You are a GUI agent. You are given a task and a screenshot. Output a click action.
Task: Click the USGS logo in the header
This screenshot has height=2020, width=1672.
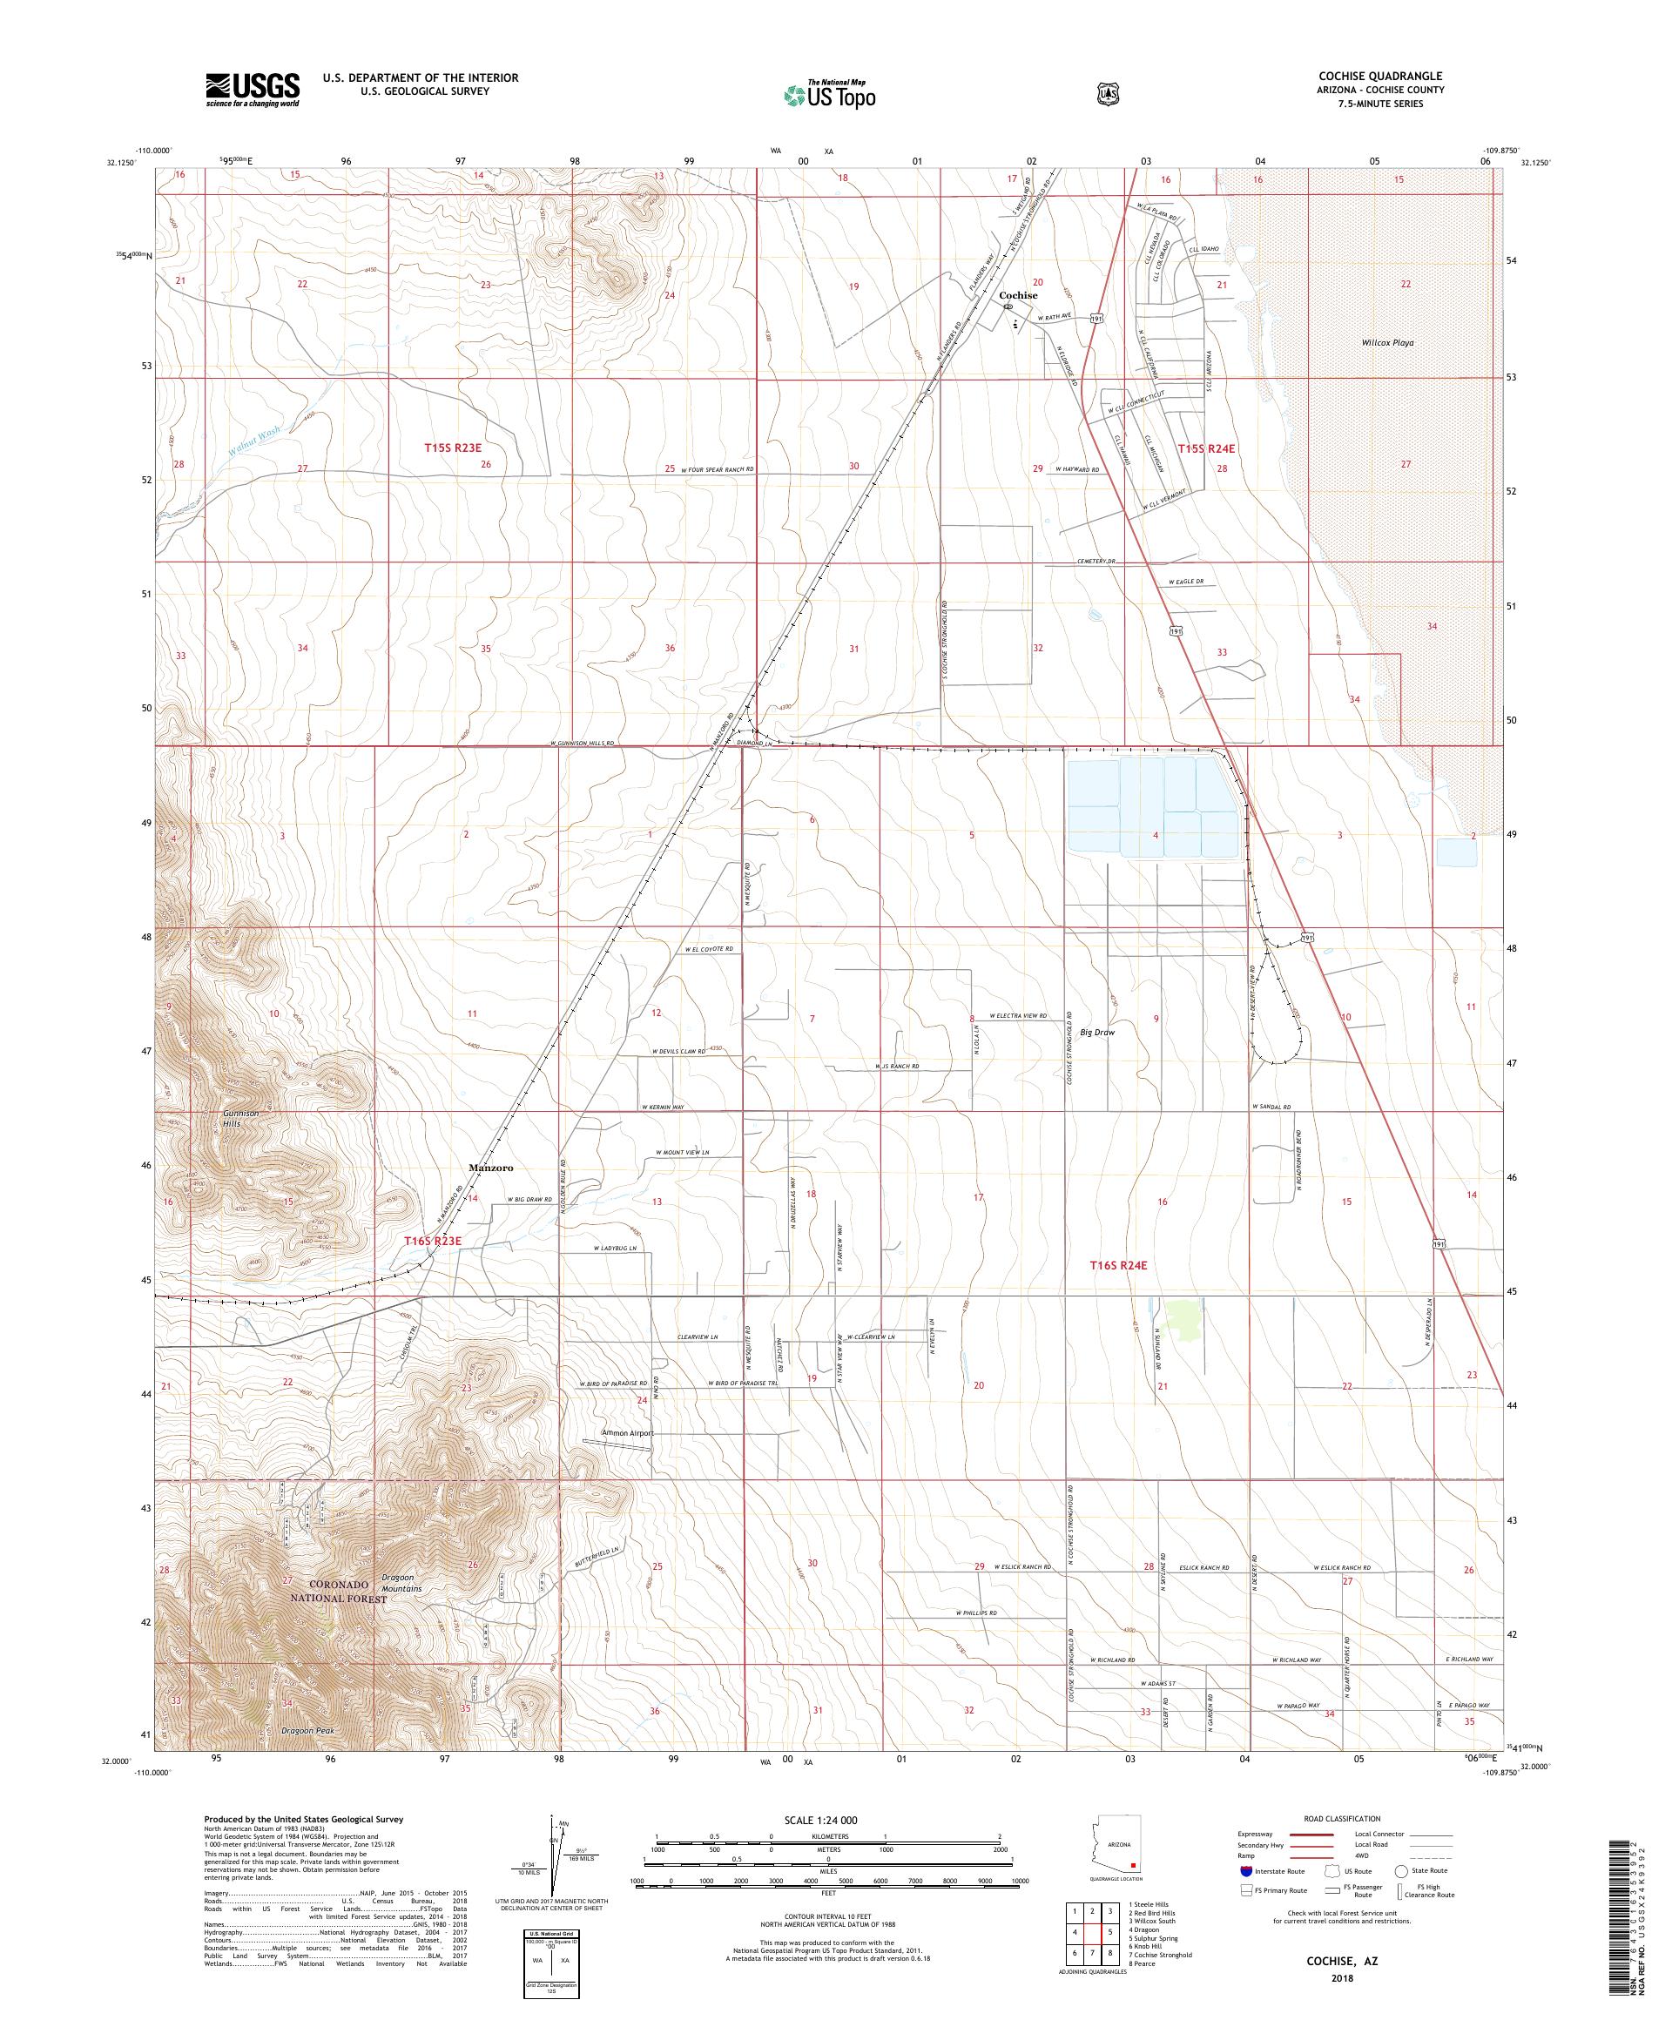pos(252,91)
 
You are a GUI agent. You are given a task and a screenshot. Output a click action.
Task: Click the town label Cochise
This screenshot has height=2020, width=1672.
pos(1017,295)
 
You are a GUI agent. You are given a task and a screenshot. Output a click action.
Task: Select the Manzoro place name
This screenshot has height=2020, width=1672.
pos(490,1168)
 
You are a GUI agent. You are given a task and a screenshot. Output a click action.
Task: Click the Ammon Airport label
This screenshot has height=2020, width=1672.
pos(627,1432)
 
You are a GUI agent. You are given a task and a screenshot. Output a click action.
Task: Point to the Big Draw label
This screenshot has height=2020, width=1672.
pos(1096,1032)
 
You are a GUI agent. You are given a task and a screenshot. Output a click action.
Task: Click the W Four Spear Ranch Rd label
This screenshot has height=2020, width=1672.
pos(717,470)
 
